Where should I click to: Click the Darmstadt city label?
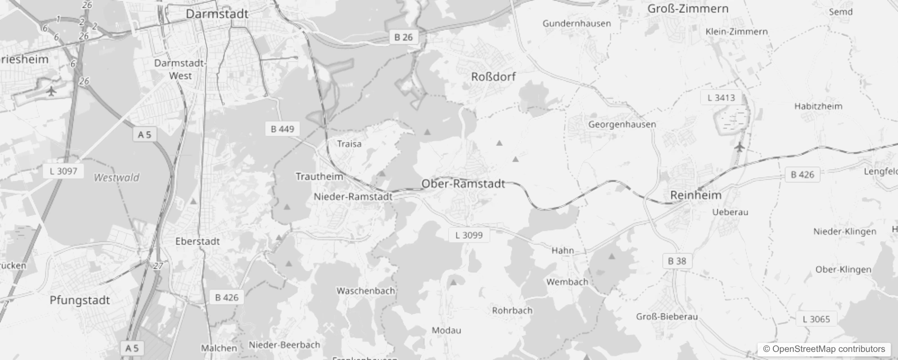pos(217,14)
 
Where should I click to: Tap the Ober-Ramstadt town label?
pos(463,184)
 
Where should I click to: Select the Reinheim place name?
pos(696,195)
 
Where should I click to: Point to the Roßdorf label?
pos(493,76)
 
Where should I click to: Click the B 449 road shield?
pos(282,129)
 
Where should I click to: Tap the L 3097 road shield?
pos(63,171)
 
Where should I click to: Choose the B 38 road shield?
pos(677,261)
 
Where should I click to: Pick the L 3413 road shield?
pos(721,98)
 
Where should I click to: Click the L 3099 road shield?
pos(469,235)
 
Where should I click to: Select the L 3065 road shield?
pos(816,319)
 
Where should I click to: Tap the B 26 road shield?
pos(403,37)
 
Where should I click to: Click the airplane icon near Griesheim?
pos(52,92)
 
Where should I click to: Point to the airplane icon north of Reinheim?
pos(739,147)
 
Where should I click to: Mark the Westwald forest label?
pos(117,178)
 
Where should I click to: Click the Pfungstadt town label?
pos(80,300)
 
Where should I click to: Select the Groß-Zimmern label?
pos(687,9)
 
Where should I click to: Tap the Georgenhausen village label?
pos(622,124)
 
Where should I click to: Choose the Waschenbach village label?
pos(365,291)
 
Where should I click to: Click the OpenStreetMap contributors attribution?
pos(824,349)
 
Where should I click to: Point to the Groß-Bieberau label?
pos(667,316)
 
